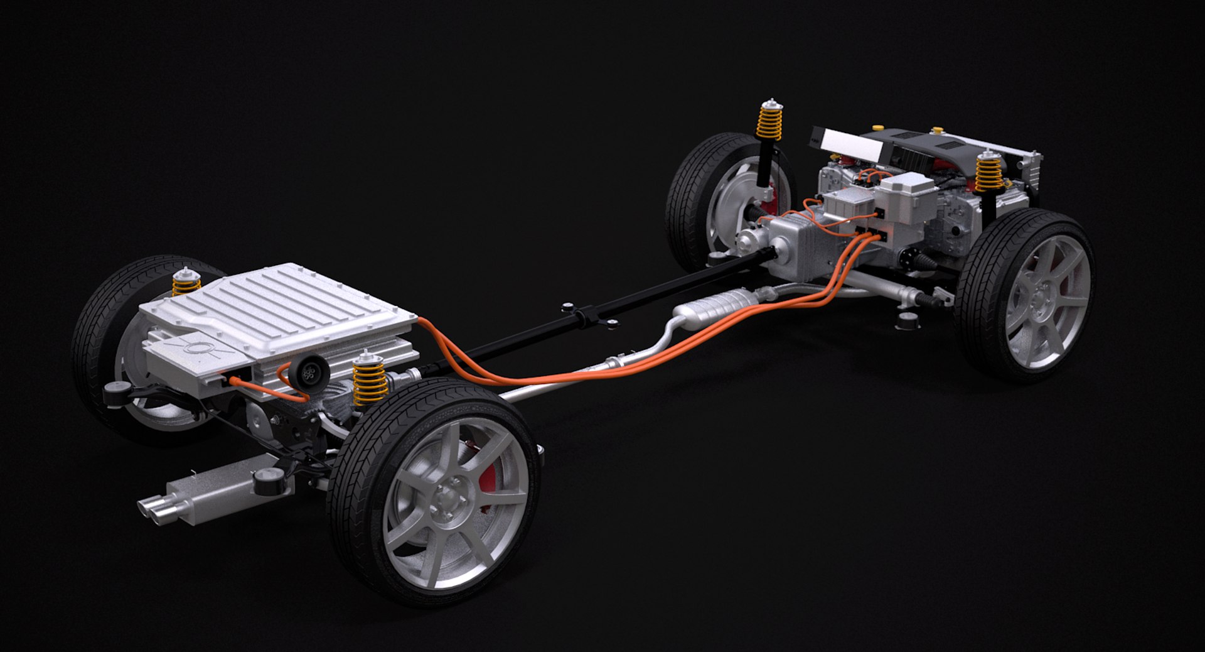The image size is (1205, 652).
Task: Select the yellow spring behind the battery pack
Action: pos(186,284)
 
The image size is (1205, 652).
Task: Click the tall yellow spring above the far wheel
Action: pos(769,122)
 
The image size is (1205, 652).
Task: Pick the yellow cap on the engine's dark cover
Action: pos(938,131)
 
